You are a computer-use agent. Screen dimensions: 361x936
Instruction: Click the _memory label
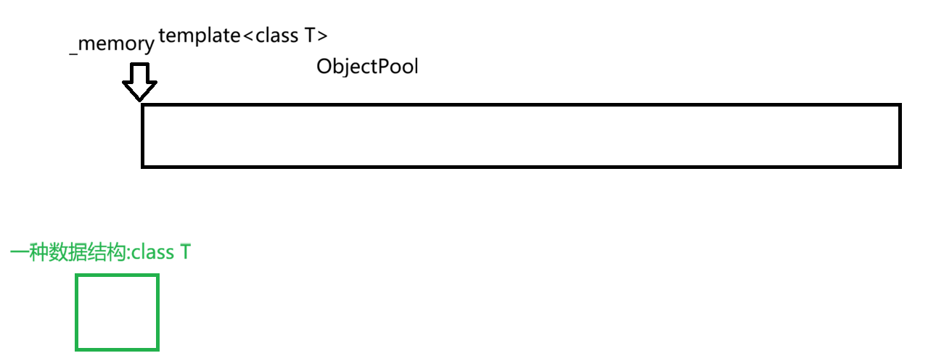(x=112, y=44)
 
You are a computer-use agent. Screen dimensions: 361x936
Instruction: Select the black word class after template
(x=276, y=36)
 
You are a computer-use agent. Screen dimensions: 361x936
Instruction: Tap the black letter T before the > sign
(x=309, y=36)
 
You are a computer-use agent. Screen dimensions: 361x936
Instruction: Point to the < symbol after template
(x=248, y=36)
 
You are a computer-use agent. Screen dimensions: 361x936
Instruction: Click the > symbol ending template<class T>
(x=323, y=36)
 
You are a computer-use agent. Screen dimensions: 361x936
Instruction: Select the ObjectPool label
(x=367, y=67)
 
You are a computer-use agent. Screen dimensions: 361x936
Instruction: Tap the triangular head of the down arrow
(x=139, y=90)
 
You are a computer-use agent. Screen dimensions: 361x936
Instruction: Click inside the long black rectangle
(x=520, y=136)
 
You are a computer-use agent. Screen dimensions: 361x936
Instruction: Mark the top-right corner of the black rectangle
(x=899, y=106)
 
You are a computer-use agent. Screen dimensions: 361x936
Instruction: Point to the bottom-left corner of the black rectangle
(x=143, y=166)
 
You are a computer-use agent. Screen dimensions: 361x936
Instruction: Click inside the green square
(x=117, y=312)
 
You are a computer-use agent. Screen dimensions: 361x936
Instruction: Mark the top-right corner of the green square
(x=157, y=275)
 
